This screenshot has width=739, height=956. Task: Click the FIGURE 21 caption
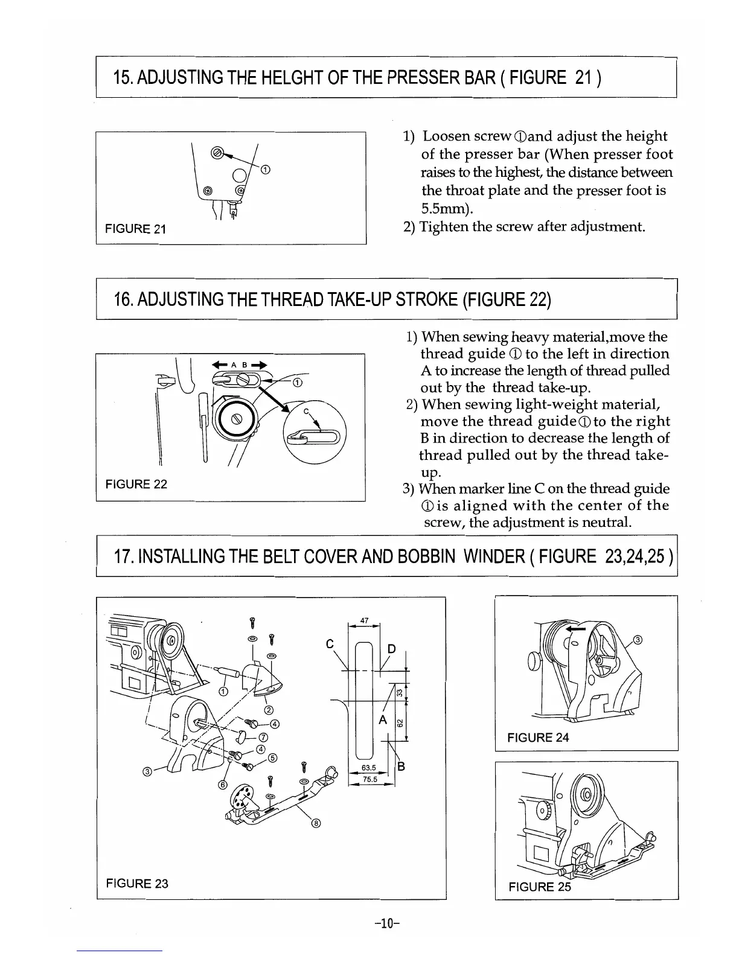pos(135,229)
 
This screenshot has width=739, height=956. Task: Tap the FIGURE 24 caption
pos(538,737)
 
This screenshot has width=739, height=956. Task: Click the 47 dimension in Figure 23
pos(364,620)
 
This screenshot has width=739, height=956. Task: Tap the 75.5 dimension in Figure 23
pos(369,779)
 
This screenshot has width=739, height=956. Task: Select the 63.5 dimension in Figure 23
pos(369,768)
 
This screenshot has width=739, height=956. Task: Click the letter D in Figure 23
pos(391,649)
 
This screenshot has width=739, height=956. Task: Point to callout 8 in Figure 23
pos(316,824)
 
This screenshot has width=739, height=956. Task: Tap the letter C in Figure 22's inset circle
pos(306,412)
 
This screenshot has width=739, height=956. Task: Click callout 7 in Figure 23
pos(263,737)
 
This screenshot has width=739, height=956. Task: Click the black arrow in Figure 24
pos(578,629)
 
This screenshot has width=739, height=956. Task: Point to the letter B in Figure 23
pos(400,767)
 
